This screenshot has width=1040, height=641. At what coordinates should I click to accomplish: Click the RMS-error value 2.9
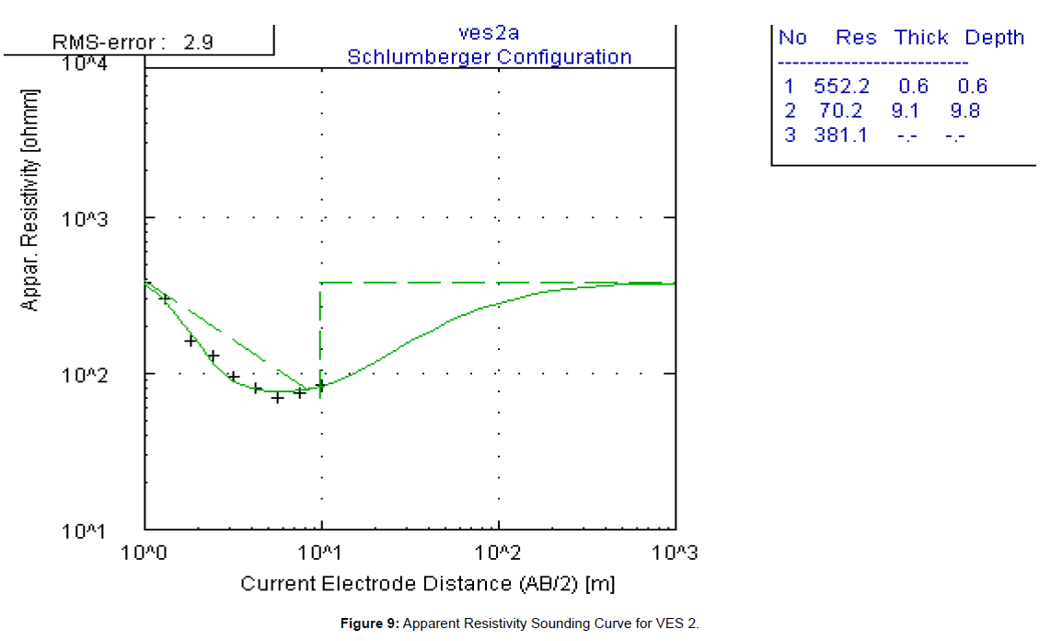click(198, 41)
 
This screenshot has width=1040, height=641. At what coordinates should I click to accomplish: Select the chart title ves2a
click(489, 33)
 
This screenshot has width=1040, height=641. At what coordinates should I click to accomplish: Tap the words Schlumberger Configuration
click(489, 57)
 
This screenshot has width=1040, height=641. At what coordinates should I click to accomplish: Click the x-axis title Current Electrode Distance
click(428, 584)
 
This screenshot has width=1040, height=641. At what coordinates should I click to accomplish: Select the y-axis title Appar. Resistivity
click(32, 201)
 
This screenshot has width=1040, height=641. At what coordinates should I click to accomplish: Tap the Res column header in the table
click(856, 38)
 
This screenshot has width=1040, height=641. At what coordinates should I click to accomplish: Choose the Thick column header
click(921, 38)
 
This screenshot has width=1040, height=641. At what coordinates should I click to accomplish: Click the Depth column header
click(994, 38)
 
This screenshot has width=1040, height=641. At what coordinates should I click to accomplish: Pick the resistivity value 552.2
click(841, 87)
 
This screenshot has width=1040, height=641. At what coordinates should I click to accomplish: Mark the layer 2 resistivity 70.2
click(841, 111)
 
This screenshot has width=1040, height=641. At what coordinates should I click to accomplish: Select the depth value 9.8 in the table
click(965, 111)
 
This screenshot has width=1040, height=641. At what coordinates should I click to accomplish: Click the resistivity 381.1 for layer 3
click(841, 135)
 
